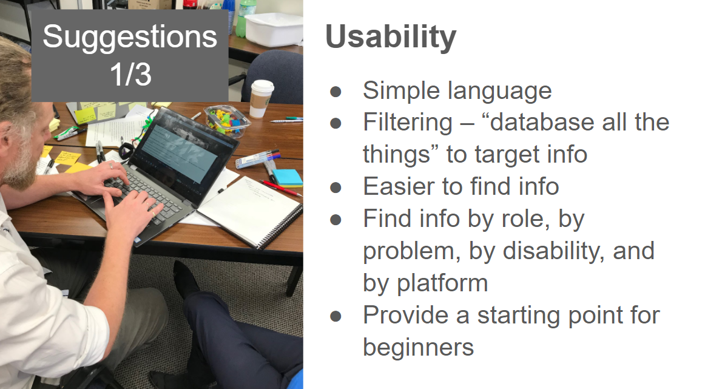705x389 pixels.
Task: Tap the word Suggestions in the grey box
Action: click(x=130, y=38)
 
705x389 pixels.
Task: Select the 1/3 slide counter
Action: click(x=130, y=74)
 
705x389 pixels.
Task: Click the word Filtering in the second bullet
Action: click(x=407, y=123)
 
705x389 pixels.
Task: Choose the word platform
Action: click(x=442, y=283)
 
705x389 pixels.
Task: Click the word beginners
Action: click(x=418, y=348)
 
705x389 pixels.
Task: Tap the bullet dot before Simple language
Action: click(x=336, y=92)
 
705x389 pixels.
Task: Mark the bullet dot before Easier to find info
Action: click(x=336, y=188)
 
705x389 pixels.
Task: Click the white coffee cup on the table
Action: click(x=261, y=98)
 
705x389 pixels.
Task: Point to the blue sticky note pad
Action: click(x=288, y=178)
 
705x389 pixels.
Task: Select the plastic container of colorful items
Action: click(x=226, y=120)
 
